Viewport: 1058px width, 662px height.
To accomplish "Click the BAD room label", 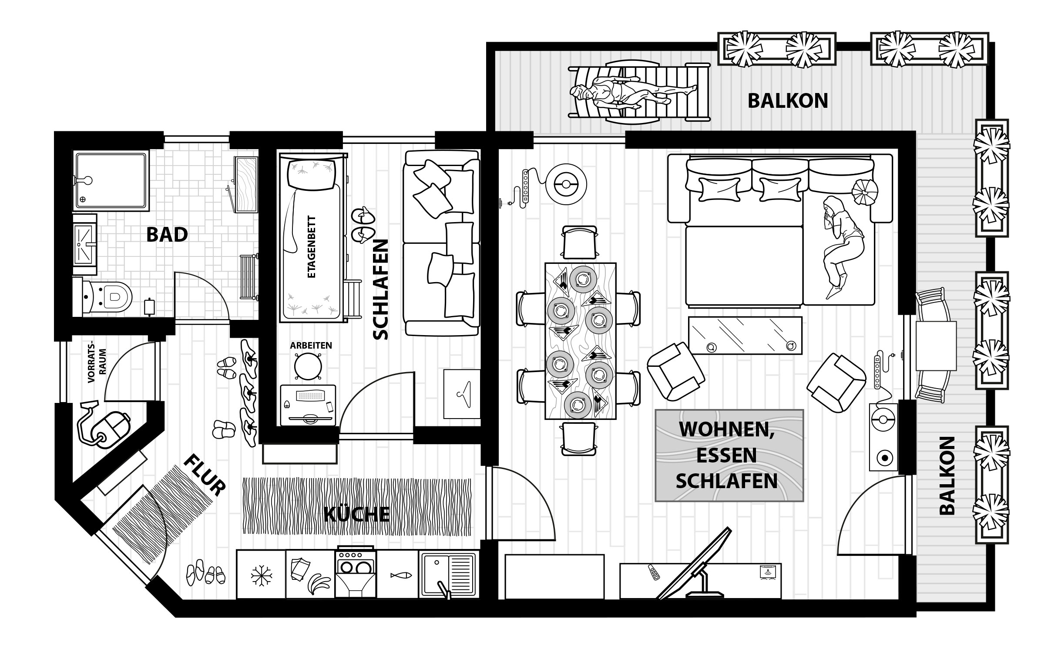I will pyautogui.click(x=167, y=235).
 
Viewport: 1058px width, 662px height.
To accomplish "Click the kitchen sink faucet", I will pyautogui.click(x=444, y=589).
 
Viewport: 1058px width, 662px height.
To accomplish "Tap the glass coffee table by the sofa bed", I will pyautogui.click(x=745, y=335).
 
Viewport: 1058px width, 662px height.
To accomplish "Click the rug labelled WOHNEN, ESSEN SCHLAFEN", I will pyautogui.click(x=729, y=456).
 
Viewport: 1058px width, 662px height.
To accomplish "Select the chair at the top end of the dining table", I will pyautogui.click(x=579, y=243).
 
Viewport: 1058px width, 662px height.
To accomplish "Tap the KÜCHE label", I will pyautogui.click(x=357, y=514).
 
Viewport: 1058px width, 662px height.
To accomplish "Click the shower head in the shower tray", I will pyautogui.click(x=88, y=180).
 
